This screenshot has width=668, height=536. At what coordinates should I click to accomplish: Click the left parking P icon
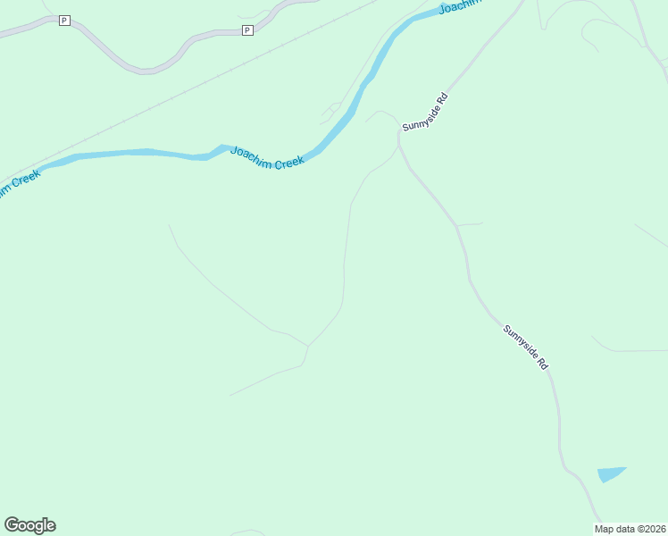click(64, 20)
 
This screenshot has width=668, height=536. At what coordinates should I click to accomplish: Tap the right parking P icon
click(247, 30)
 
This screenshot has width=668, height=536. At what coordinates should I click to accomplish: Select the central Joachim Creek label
click(268, 157)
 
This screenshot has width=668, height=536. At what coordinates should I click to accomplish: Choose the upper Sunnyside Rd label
click(424, 111)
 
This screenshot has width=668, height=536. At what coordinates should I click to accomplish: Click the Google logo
click(29, 525)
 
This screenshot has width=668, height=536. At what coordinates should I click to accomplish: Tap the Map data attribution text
click(630, 529)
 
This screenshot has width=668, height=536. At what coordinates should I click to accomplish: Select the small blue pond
click(610, 473)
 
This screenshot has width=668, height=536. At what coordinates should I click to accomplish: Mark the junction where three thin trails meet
click(308, 346)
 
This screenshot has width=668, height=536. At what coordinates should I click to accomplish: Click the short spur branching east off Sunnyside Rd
click(471, 224)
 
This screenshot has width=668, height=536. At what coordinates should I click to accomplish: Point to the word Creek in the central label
click(289, 162)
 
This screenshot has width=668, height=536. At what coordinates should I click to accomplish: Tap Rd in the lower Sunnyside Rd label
click(542, 365)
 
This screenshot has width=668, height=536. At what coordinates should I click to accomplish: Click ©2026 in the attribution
click(652, 529)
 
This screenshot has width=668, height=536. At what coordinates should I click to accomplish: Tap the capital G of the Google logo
click(12, 524)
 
